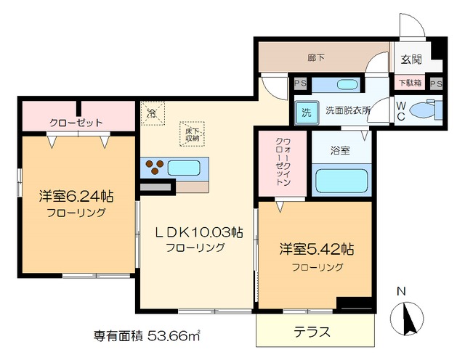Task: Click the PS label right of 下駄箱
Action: pyautogui.click(x=435, y=83)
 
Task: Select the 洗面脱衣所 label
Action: pyautogui.click(x=347, y=111)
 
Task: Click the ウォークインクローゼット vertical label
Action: pyautogui.click(x=281, y=164)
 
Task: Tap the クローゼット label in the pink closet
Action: pyautogui.click(x=76, y=122)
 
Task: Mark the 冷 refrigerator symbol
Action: pyautogui.click(x=152, y=112)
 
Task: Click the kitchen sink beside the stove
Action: pyautogui.click(x=184, y=168)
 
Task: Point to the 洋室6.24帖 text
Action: pyautogui.click(x=76, y=197)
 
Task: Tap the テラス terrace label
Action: pyautogui.click(x=312, y=332)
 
